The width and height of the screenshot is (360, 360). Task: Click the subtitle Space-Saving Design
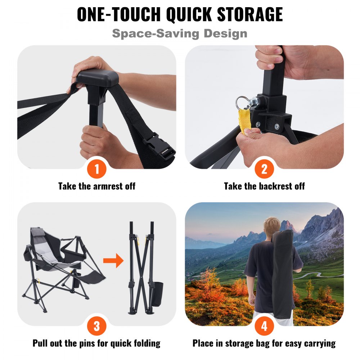point(180,33)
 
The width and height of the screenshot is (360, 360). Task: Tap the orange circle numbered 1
point(96,169)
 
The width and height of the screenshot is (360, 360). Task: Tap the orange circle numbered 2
point(264,169)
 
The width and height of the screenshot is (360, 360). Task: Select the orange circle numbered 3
point(96,326)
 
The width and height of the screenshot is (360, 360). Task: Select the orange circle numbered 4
point(264,326)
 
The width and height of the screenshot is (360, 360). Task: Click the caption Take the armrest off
point(96,186)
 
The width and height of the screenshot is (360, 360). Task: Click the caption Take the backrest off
point(264,186)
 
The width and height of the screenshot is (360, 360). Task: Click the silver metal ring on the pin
point(241,102)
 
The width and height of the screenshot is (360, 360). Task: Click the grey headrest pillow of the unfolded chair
point(36,234)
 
